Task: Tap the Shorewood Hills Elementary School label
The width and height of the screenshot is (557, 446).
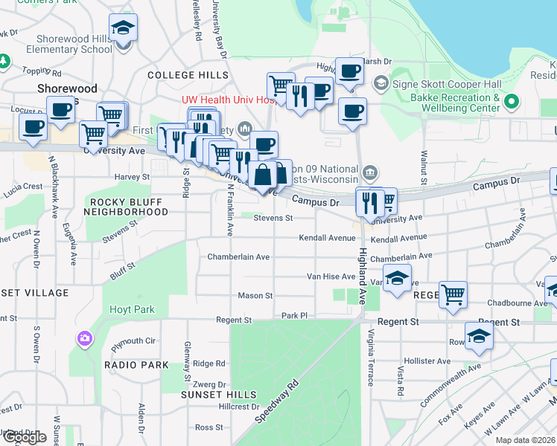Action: [58, 44]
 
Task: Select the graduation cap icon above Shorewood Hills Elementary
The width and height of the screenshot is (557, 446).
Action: [123, 28]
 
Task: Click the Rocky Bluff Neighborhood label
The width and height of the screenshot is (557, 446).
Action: [128, 207]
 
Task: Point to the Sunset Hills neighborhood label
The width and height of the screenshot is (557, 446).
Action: [218, 395]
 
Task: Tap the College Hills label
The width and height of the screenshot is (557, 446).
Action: [188, 75]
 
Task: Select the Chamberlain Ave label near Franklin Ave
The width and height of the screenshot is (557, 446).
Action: [238, 256]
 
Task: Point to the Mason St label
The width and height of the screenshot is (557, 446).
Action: [255, 296]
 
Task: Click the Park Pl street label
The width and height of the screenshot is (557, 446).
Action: [295, 316]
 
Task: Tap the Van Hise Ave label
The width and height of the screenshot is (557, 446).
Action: [331, 277]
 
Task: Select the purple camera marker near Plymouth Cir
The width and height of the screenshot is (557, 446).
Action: [84, 339]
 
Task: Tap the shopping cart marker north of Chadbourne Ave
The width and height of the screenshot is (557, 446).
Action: [453, 294]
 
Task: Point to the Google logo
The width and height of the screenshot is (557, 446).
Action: [25, 437]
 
